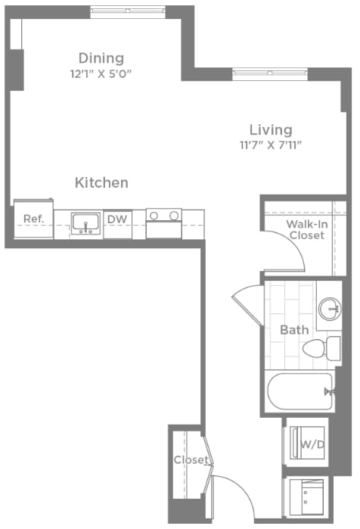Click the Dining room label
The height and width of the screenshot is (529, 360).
pos(101,58)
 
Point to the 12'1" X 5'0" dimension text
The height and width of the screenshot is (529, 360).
pos(101,74)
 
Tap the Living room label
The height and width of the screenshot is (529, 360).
pos(271,129)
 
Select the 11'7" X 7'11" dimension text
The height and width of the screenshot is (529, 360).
pos(271,145)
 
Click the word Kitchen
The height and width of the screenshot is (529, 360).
pos(101,182)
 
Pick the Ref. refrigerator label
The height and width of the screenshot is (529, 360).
pos(33,219)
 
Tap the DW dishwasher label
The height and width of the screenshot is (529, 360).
pos(116,219)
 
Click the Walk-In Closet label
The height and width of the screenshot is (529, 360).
pos(306,229)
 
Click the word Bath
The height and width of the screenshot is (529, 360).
pos(294,330)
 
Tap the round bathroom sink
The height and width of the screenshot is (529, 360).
pos(328,308)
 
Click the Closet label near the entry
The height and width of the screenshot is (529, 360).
pos(190,460)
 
